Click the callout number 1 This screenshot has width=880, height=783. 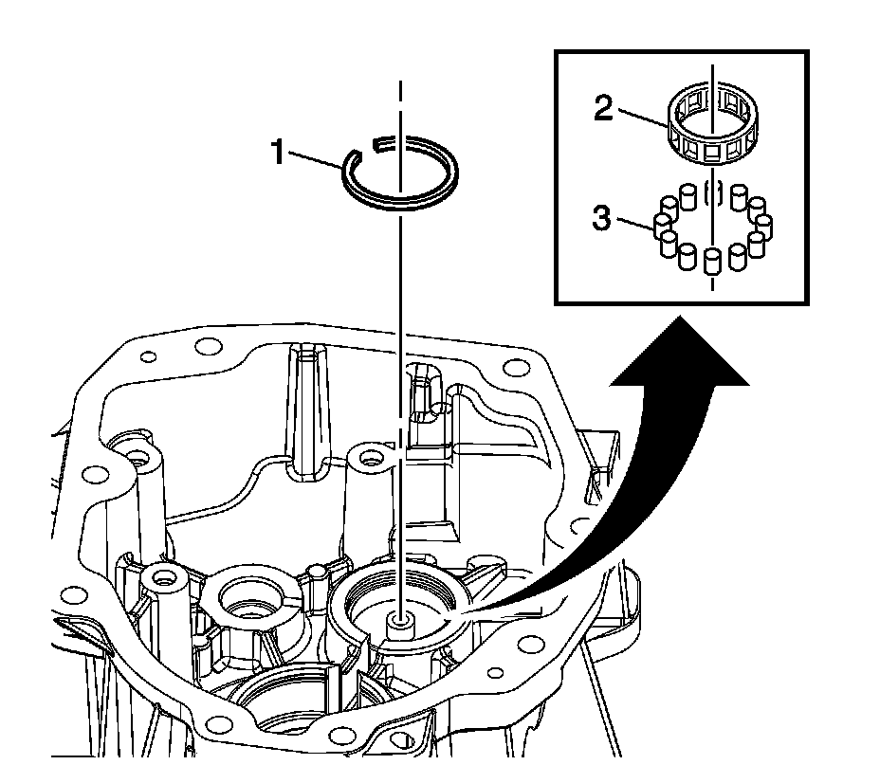(280, 151)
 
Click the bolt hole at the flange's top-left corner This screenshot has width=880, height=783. (148, 358)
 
